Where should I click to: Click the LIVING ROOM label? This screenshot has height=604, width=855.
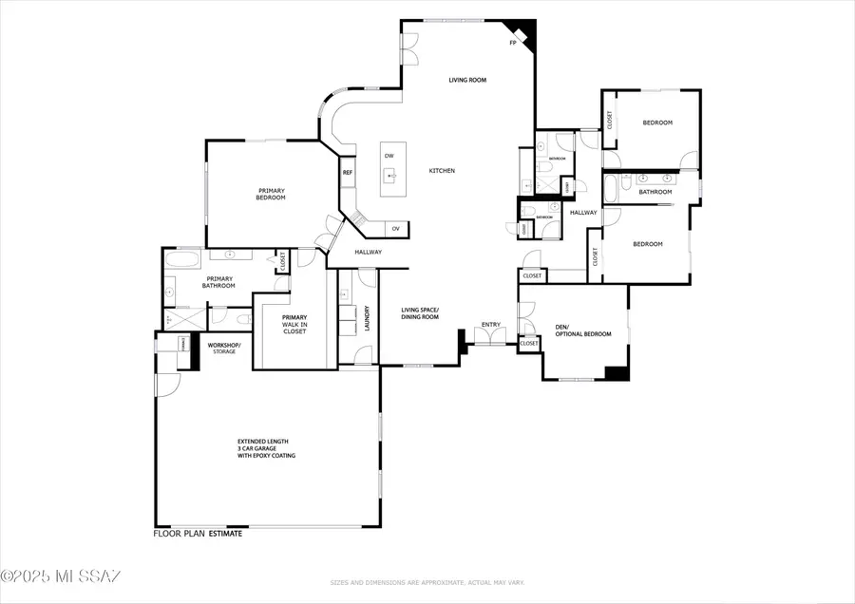click(x=467, y=80)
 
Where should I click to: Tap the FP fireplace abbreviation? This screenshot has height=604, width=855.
click(x=513, y=43)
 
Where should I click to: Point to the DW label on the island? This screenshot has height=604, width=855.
click(x=389, y=156)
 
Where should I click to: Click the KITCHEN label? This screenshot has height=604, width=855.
click(x=442, y=171)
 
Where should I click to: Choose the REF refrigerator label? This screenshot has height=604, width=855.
click(x=348, y=172)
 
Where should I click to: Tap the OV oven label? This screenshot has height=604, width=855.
click(x=395, y=228)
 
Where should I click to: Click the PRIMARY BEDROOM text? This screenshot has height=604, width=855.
click(x=271, y=194)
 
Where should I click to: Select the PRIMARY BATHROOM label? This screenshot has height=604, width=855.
click(x=218, y=282)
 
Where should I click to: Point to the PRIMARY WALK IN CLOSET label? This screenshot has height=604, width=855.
click(x=293, y=326)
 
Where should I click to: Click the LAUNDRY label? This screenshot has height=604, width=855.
click(x=368, y=318)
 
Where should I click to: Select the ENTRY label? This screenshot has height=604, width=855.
click(x=490, y=325)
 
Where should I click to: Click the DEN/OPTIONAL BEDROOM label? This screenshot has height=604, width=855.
click(x=582, y=330)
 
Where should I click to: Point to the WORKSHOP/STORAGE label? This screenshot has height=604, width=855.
click(x=224, y=348)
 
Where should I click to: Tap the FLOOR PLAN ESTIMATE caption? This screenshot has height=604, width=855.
click(x=198, y=534)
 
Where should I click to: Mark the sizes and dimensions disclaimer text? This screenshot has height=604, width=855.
click(x=427, y=582)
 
